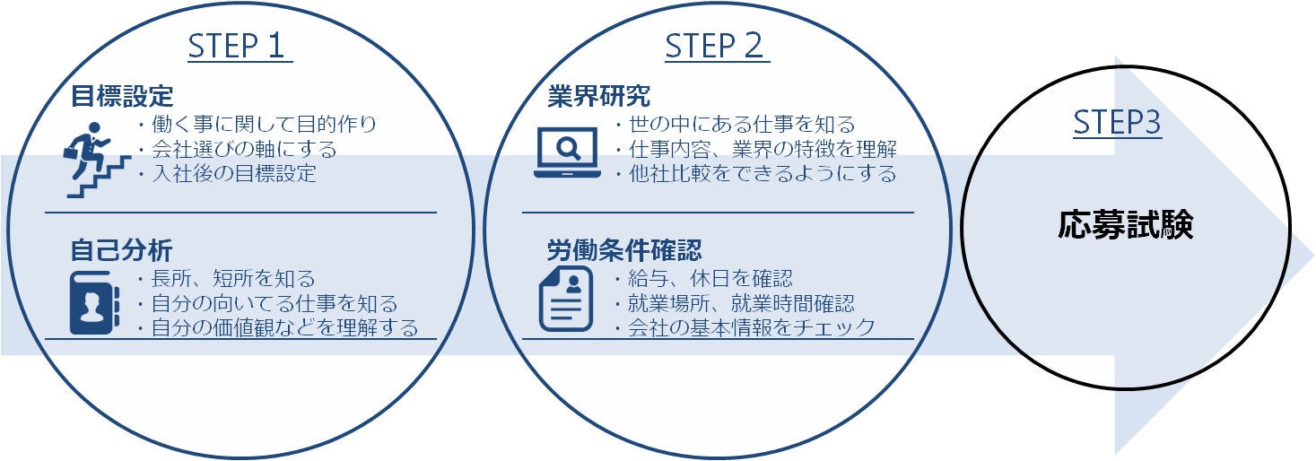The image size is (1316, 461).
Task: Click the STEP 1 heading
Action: tap(240, 46)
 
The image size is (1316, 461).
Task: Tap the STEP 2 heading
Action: tap(717, 46)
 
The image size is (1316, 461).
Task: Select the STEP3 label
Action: tap(1117, 124)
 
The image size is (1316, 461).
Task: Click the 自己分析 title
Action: tap(122, 248)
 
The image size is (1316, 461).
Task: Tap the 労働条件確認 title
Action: tap(623, 248)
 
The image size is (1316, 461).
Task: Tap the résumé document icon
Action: tap(565, 299)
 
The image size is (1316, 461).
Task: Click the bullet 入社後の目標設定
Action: tap(229, 174)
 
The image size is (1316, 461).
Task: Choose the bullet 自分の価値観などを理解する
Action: tap(279, 328)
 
